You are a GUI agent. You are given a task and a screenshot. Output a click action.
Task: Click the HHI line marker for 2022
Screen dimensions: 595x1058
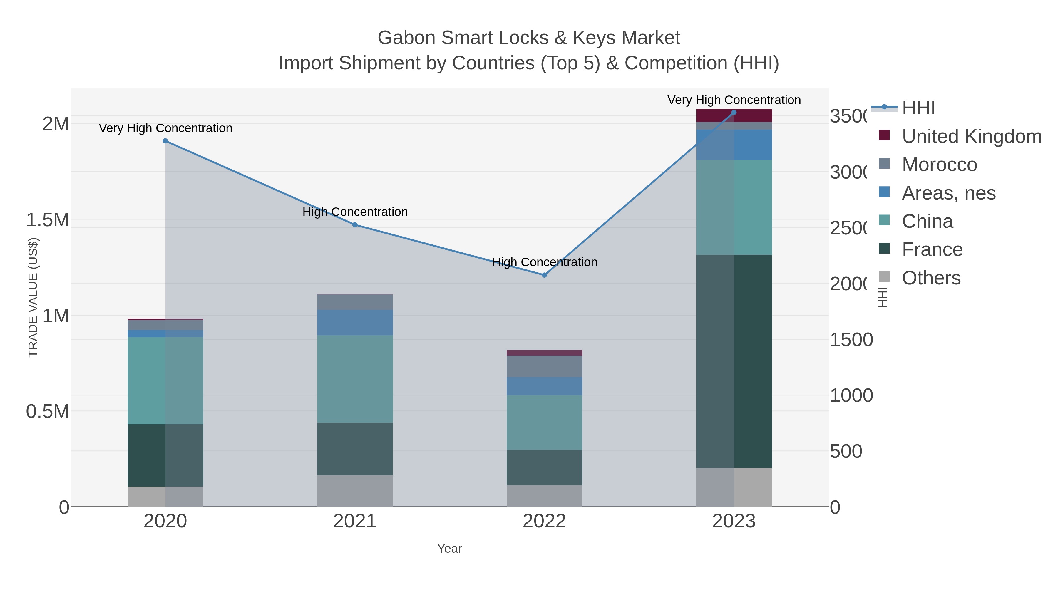click(544, 275)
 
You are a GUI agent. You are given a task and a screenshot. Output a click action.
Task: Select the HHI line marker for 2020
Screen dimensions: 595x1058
click(165, 141)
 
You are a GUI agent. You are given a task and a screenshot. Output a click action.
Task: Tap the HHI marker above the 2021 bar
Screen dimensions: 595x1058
click(355, 224)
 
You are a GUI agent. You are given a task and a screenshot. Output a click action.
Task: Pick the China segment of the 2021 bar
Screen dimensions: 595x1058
click(355, 379)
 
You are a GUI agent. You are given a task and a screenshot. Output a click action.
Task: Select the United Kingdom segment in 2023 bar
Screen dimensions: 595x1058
click(734, 115)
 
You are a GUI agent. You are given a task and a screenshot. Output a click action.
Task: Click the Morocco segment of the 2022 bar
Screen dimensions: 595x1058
click(544, 366)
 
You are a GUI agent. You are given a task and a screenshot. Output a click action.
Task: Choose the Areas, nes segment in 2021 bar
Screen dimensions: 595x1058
click(355, 322)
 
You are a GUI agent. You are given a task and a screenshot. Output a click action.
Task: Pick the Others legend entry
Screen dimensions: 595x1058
click(931, 278)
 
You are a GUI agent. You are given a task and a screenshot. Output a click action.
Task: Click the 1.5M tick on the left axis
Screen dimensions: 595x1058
click(48, 220)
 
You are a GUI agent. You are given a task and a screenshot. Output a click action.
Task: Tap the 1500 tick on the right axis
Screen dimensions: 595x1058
click(851, 340)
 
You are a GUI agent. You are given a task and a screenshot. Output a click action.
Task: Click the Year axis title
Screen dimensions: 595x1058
click(449, 549)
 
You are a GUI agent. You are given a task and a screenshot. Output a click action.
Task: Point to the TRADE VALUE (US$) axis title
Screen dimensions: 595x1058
click(33, 297)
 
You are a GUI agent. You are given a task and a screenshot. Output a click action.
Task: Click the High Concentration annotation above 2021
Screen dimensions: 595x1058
click(355, 212)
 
